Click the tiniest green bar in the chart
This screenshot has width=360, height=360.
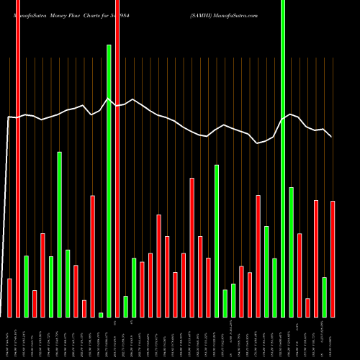[101, 315]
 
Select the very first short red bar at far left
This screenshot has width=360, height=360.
[9, 297]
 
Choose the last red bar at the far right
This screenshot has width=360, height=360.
[333, 259]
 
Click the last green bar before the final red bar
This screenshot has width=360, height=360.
[325, 297]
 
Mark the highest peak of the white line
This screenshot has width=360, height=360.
[108, 99]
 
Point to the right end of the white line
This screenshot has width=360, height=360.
[331, 136]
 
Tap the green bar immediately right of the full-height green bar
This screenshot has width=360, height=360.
[292, 252]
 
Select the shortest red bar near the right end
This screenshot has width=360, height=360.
[307, 307]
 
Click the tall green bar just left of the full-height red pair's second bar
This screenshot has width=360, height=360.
[109, 180]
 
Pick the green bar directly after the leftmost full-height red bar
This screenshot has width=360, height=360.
[27, 286]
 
